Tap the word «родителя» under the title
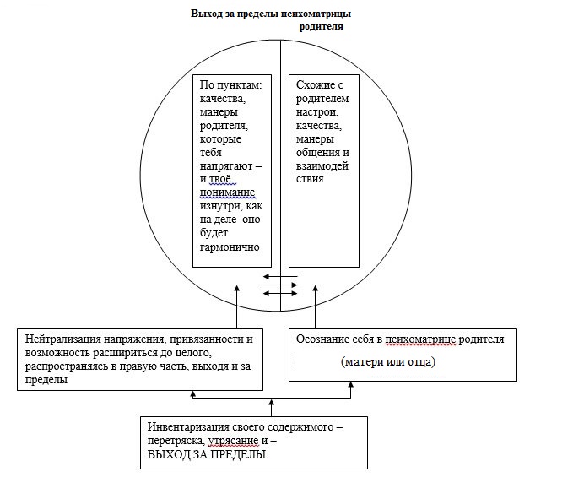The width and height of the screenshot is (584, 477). click(322, 27)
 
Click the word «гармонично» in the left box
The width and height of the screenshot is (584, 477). click(230, 247)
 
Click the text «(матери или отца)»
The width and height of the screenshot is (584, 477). click(387, 362)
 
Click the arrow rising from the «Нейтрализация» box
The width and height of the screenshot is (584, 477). click(237, 308)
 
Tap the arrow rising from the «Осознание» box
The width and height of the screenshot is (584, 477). click(316, 308)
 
